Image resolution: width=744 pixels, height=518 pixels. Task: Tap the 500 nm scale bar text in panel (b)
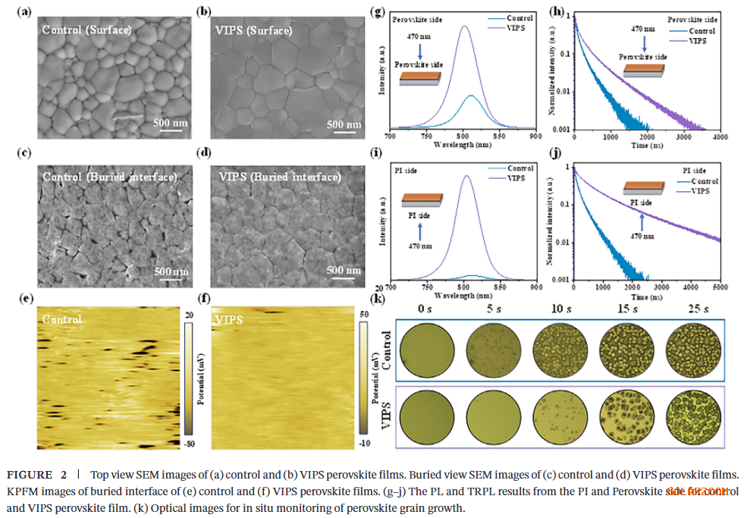pyautogui.click(x=344, y=124)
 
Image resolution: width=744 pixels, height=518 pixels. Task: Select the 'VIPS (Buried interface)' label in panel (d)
pyautogui.click(x=279, y=177)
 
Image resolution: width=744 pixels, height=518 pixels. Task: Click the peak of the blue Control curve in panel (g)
pyautogui.click(x=471, y=96)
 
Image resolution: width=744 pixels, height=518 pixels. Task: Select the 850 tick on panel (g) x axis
pyautogui.click(x=498, y=137)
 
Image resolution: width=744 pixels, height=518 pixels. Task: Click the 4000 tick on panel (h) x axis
pyautogui.click(x=720, y=137)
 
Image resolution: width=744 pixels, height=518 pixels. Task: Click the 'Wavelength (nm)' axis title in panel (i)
pyautogui.click(x=463, y=296)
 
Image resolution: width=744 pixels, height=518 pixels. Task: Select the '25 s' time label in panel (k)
pyautogui.click(x=697, y=309)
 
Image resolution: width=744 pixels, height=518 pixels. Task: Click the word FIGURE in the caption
pyautogui.click(x=30, y=475)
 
